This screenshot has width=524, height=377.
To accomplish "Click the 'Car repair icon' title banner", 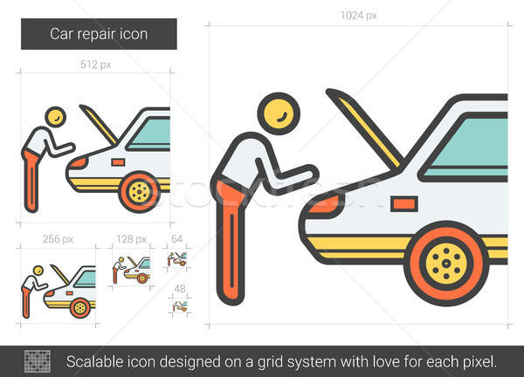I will [99, 35].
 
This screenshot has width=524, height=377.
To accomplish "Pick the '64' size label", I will [176, 238].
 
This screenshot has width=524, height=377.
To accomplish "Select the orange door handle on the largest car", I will [404, 203].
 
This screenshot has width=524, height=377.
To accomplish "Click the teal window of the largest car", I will [472, 145].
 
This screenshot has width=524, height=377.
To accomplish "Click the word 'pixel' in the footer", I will [479, 360].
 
